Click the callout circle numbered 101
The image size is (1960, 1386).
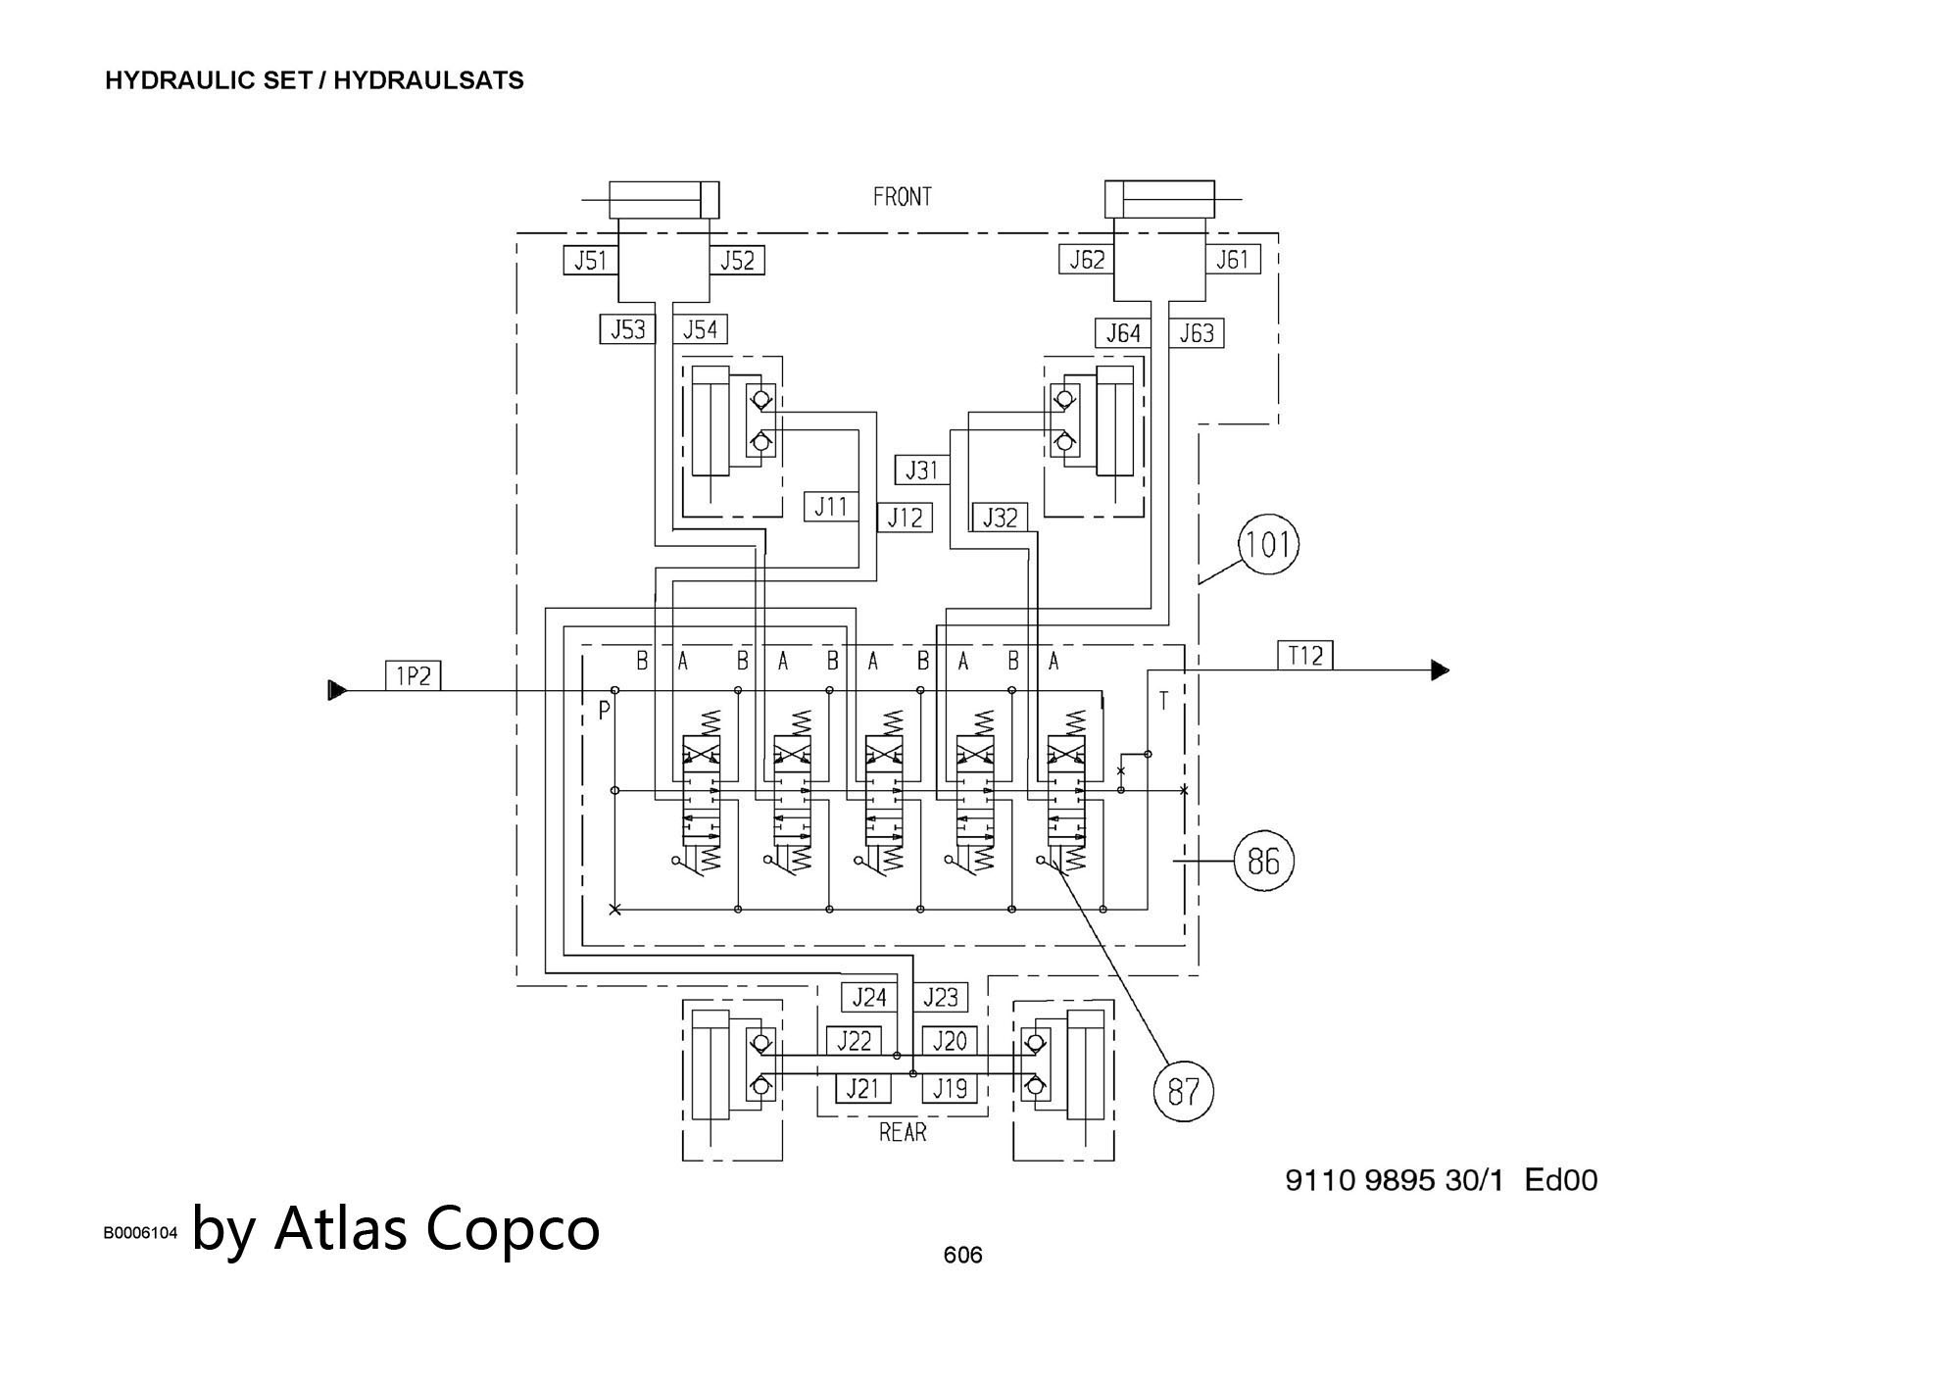pyautogui.click(x=1268, y=545)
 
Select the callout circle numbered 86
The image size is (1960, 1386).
pyautogui.click(x=1263, y=862)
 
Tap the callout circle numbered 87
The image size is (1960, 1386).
pyautogui.click(x=1184, y=1091)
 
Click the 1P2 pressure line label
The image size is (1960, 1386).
pyautogui.click(x=413, y=675)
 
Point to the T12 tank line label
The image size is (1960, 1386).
pyautogui.click(x=1305, y=655)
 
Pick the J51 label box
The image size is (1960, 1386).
pyautogui.click(x=590, y=260)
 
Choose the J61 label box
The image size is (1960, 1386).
pyautogui.click(x=1232, y=260)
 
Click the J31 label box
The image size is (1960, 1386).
pyautogui.click(x=921, y=470)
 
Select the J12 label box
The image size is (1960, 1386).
pyautogui.click(x=904, y=518)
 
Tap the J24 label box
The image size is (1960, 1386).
pyautogui.click(x=868, y=998)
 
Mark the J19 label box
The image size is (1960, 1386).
pyautogui.click(x=949, y=1088)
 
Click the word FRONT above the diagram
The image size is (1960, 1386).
pyautogui.click(x=902, y=198)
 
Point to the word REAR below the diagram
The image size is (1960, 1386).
pyautogui.click(x=903, y=1133)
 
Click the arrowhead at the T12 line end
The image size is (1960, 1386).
pyautogui.click(x=1440, y=670)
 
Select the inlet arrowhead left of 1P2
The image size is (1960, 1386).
pyautogui.click(x=337, y=690)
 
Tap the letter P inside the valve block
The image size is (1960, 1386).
pyautogui.click(x=604, y=711)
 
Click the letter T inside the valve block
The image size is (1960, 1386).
pyautogui.click(x=1163, y=701)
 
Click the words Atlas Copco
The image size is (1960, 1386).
pyautogui.click(x=437, y=1228)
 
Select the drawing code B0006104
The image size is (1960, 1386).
pyautogui.click(x=141, y=1233)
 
